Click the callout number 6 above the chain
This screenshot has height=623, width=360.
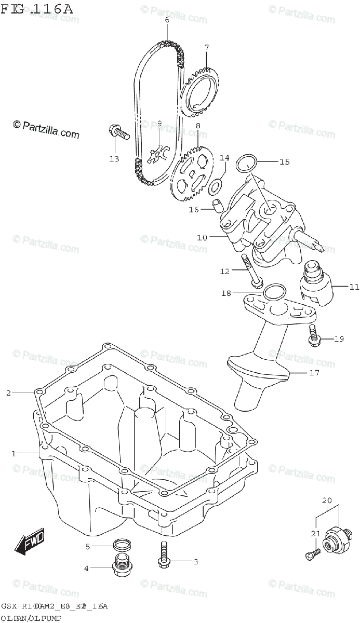(167, 20)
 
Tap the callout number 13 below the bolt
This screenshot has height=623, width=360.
(114, 158)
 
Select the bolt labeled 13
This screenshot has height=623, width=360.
(118, 132)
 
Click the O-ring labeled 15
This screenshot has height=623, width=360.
(247, 162)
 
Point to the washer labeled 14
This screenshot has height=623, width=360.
(217, 184)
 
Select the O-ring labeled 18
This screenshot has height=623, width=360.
(273, 293)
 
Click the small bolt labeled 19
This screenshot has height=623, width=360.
(314, 335)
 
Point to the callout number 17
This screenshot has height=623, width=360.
(314, 372)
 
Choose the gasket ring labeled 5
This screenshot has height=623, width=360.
(121, 545)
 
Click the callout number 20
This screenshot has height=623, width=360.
(326, 500)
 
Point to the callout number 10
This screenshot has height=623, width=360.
(202, 237)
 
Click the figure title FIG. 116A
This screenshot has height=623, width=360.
(37, 9)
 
